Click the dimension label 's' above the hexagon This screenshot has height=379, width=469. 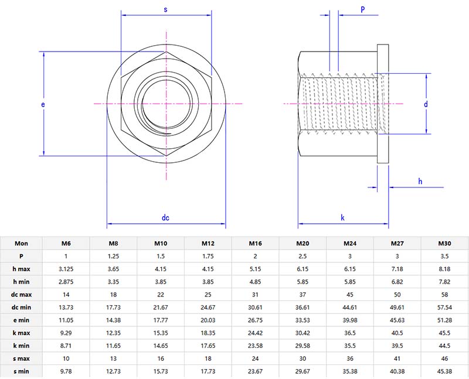[166, 10]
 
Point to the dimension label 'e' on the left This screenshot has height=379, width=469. [43, 104]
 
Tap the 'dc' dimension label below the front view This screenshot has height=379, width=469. [166, 218]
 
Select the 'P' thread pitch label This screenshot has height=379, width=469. [362, 10]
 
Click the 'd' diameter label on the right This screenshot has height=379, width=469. [426, 104]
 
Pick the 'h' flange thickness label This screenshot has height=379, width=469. [420, 181]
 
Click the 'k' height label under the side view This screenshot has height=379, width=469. [343, 218]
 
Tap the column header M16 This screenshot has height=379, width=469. [255, 243]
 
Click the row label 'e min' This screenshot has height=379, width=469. [22, 320]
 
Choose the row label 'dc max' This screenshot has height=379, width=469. [22, 295]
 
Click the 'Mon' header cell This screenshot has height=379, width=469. [22, 243]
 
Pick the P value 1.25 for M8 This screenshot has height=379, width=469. [113, 256]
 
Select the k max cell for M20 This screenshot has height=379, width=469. [303, 333]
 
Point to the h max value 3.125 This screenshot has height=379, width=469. [66, 269]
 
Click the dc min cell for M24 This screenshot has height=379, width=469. [350, 308]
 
